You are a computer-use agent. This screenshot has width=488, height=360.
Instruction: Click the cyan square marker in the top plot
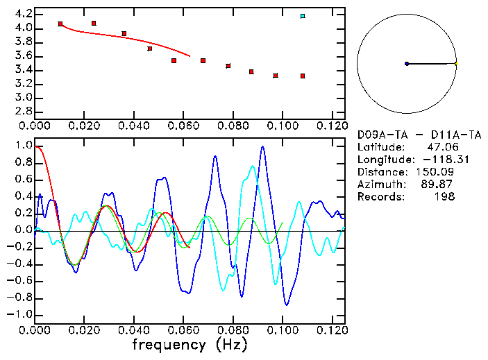click(x=303, y=16)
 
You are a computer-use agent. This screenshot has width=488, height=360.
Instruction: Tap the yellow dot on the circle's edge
click(x=456, y=64)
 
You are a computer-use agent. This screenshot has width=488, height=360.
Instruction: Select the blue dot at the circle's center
click(x=407, y=64)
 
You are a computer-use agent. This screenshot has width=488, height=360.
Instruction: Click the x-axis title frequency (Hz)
click(x=190, y=345)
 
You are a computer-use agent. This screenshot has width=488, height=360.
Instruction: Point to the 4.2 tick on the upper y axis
click(x=24, y=14)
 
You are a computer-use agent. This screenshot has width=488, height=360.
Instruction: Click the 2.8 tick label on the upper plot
click(x=24, y=111)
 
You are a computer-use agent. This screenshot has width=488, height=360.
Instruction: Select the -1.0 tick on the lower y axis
click(x=21, y=314)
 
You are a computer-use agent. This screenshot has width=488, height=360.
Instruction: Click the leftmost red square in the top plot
click(x=60, y=24)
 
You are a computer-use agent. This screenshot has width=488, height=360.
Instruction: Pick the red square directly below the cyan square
click(x=303, y=76)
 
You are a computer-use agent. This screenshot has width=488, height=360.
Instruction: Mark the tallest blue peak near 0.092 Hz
click(x=262, y=147)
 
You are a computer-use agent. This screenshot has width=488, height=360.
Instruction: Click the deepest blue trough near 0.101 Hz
click(x=286, y=304)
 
